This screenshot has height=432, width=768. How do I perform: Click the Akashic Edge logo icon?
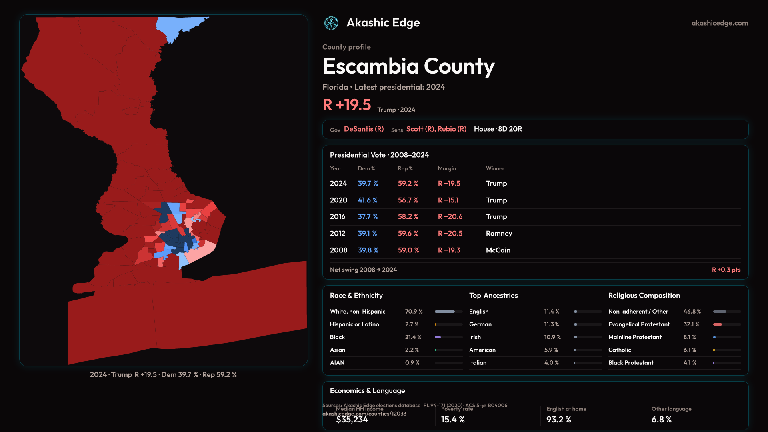(x=331, y=23)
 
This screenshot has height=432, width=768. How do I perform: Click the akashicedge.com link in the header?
(x=720, y=23)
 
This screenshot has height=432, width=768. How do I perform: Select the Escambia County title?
(x=408, y=66)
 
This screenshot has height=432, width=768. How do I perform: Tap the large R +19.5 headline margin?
(x=347, y=105)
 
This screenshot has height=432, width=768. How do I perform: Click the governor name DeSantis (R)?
(x=364, y=129)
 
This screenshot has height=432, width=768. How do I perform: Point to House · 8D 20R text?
(x=498, y=129)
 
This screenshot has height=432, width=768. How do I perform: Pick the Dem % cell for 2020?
(x=368, y=200)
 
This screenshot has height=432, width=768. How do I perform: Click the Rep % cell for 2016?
(x=408, y=216)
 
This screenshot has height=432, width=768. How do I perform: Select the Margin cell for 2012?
(x=450, y=233)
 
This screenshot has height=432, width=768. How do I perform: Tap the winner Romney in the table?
(x=499, y=233)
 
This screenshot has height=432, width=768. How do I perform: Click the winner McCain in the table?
(x=498, y=250)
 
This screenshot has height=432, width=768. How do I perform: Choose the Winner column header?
(x=495, y=168)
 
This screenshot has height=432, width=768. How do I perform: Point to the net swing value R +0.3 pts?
(x=726, y=270)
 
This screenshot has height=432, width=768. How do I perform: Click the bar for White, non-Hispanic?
(x=445, y=312)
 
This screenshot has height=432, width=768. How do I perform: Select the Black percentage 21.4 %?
(x=413, y=337)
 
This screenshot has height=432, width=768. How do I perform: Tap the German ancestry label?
(x=480, y=324)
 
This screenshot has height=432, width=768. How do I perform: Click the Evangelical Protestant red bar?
(x=718, y=324)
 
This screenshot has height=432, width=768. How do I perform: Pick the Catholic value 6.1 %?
(x=690, y=350)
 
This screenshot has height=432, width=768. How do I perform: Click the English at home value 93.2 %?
(x=559, y=419)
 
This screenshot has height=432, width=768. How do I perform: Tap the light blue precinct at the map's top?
(x=176, y=26)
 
